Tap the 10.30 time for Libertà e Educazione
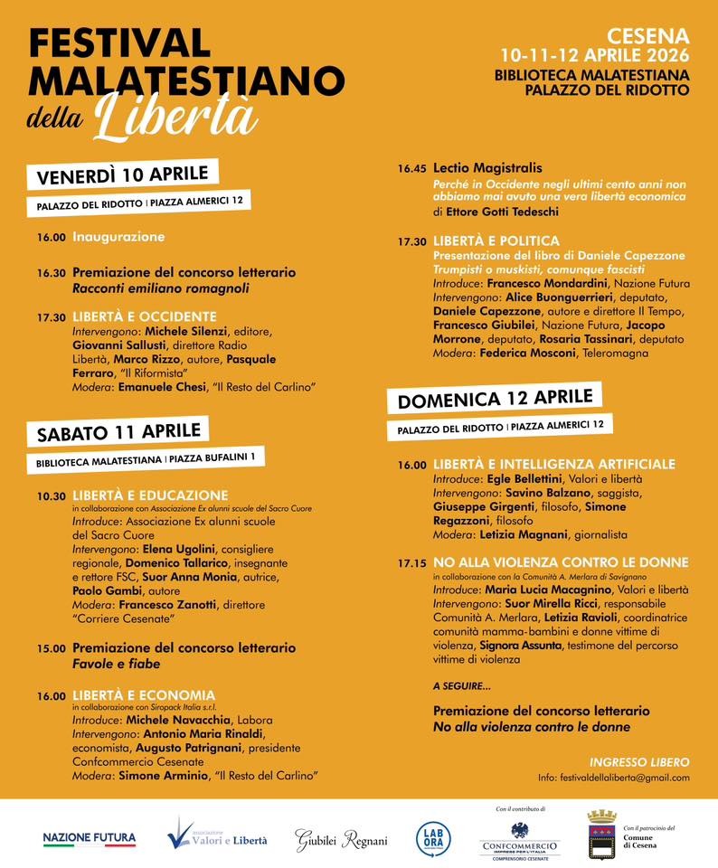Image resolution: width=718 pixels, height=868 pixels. (52, 496)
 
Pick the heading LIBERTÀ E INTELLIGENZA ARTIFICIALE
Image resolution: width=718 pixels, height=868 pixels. (553, 465)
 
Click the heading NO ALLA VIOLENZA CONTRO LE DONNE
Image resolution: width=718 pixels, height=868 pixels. (561, 562)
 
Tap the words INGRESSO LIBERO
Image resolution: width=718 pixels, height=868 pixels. (639, 762)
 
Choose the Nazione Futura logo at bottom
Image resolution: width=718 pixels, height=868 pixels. (89, 839)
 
